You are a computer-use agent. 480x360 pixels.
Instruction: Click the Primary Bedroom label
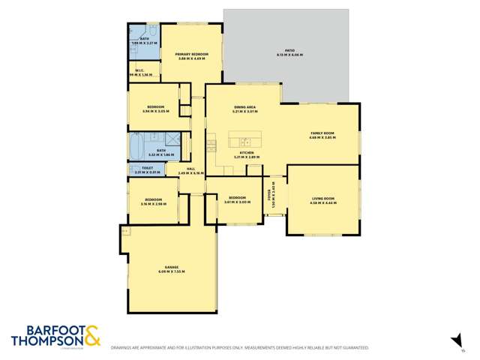[191, 54]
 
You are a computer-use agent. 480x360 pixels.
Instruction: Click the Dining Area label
[245, 108]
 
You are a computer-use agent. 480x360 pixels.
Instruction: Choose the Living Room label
[323, 198]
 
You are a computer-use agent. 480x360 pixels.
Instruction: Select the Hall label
[190, 169]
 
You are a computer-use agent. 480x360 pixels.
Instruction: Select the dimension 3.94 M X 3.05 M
[156, 112]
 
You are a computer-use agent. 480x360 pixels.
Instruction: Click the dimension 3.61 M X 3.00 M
[235, 202]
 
